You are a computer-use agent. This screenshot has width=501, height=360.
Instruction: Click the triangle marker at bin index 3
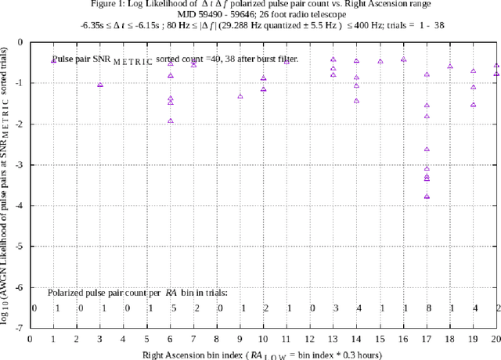point(99,85)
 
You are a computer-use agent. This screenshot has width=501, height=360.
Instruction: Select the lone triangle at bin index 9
point(240,96)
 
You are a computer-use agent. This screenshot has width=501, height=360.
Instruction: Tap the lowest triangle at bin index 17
point(427,196)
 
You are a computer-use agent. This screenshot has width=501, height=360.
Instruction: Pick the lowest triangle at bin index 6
point(170,121)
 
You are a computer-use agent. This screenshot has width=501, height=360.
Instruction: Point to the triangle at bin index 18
point(450,67)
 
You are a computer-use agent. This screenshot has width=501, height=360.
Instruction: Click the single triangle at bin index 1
point(53,60)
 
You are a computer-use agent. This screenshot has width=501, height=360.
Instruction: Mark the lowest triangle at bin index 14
point(356,100)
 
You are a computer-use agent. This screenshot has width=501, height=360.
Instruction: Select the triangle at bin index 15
point(380,61)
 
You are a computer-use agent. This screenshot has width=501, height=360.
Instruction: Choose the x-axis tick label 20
point(495,340)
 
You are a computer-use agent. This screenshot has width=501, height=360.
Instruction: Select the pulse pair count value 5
point(172,308)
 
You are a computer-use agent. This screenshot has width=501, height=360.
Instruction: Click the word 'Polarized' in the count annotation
point(69,292)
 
